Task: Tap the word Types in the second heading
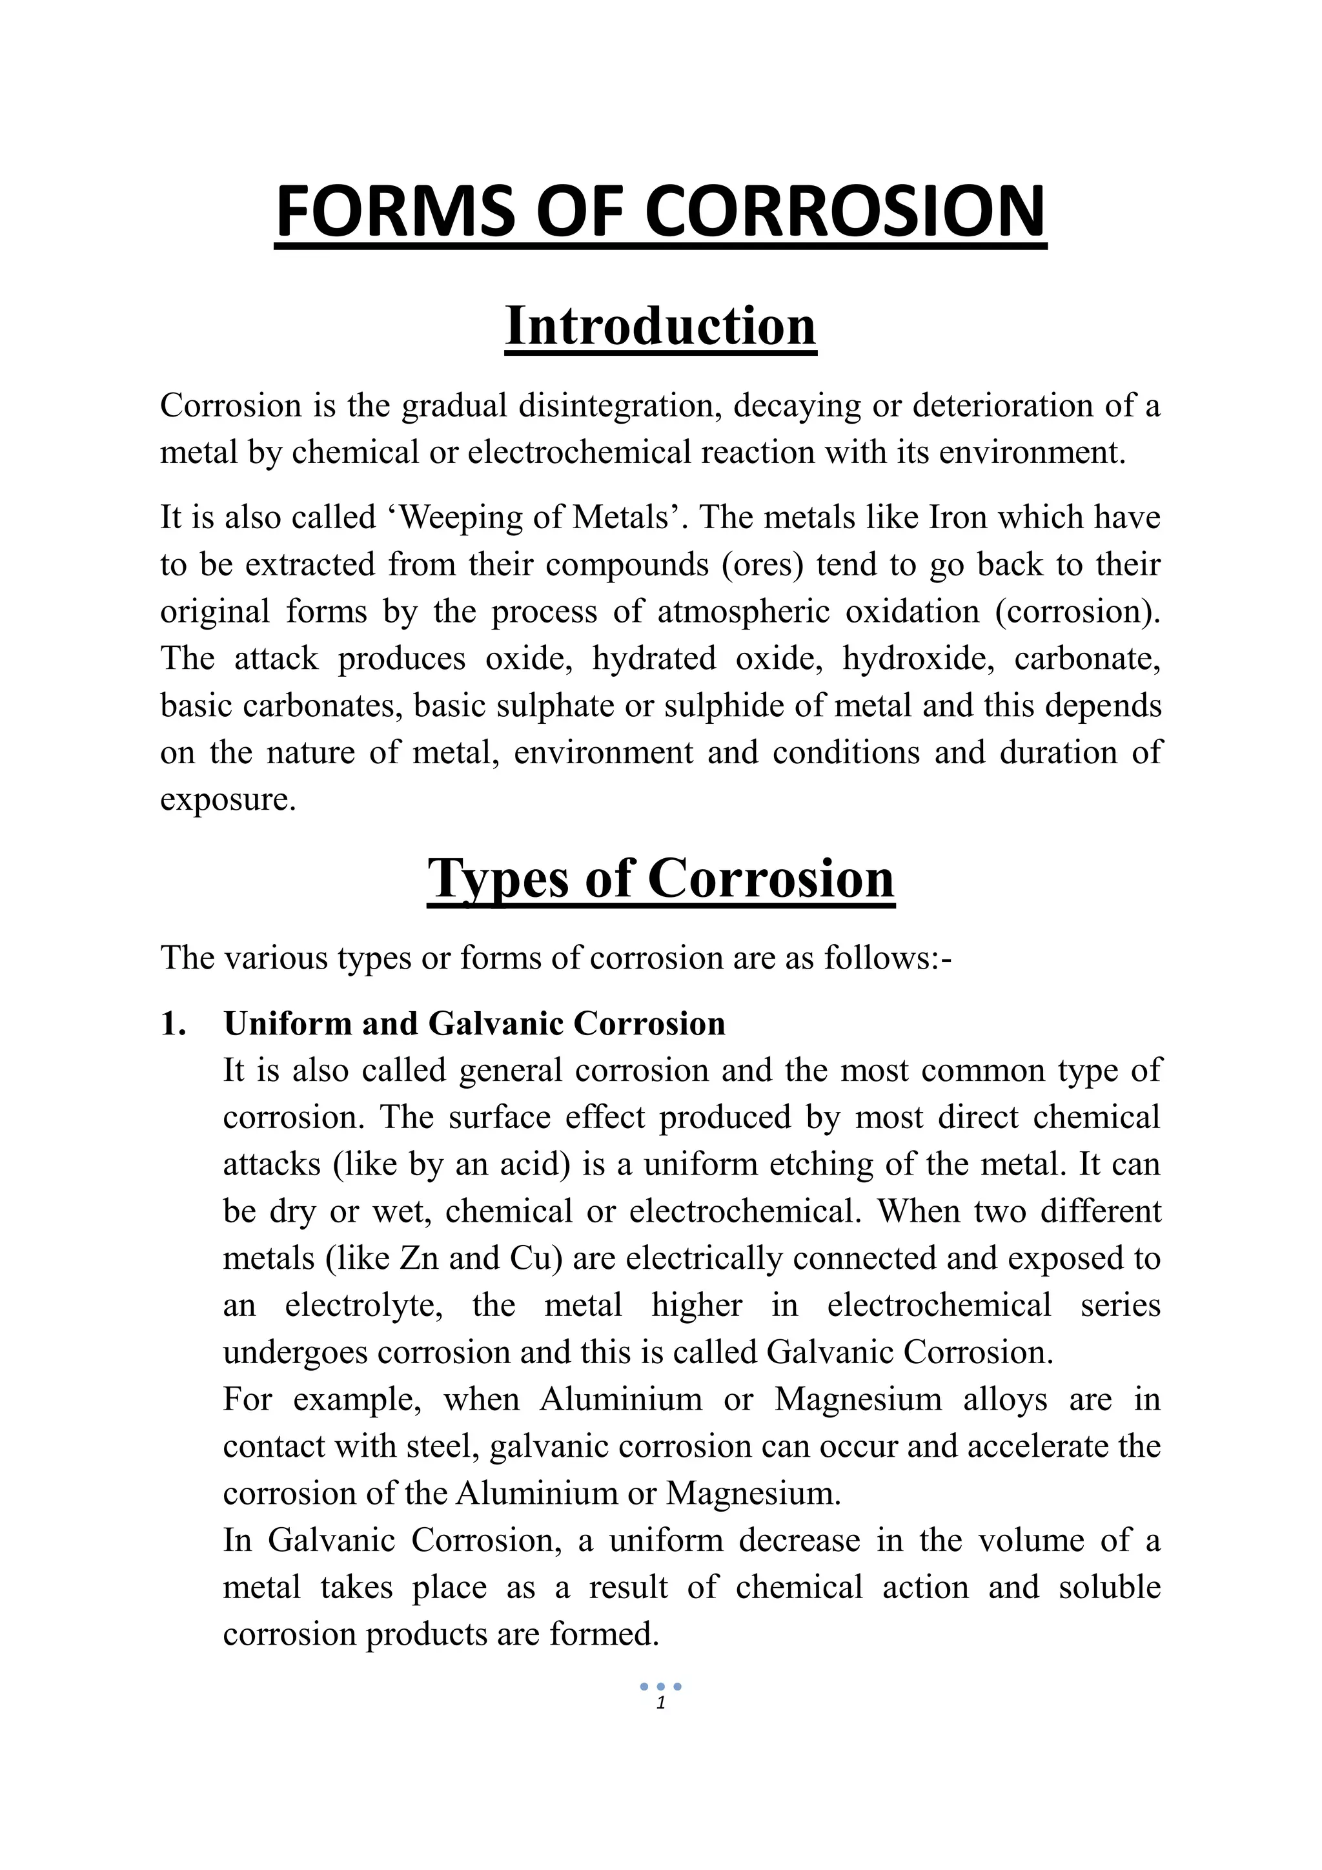pos(490,879)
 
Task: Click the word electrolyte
pos(364,1306)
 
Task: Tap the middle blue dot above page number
pos(660,1687)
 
